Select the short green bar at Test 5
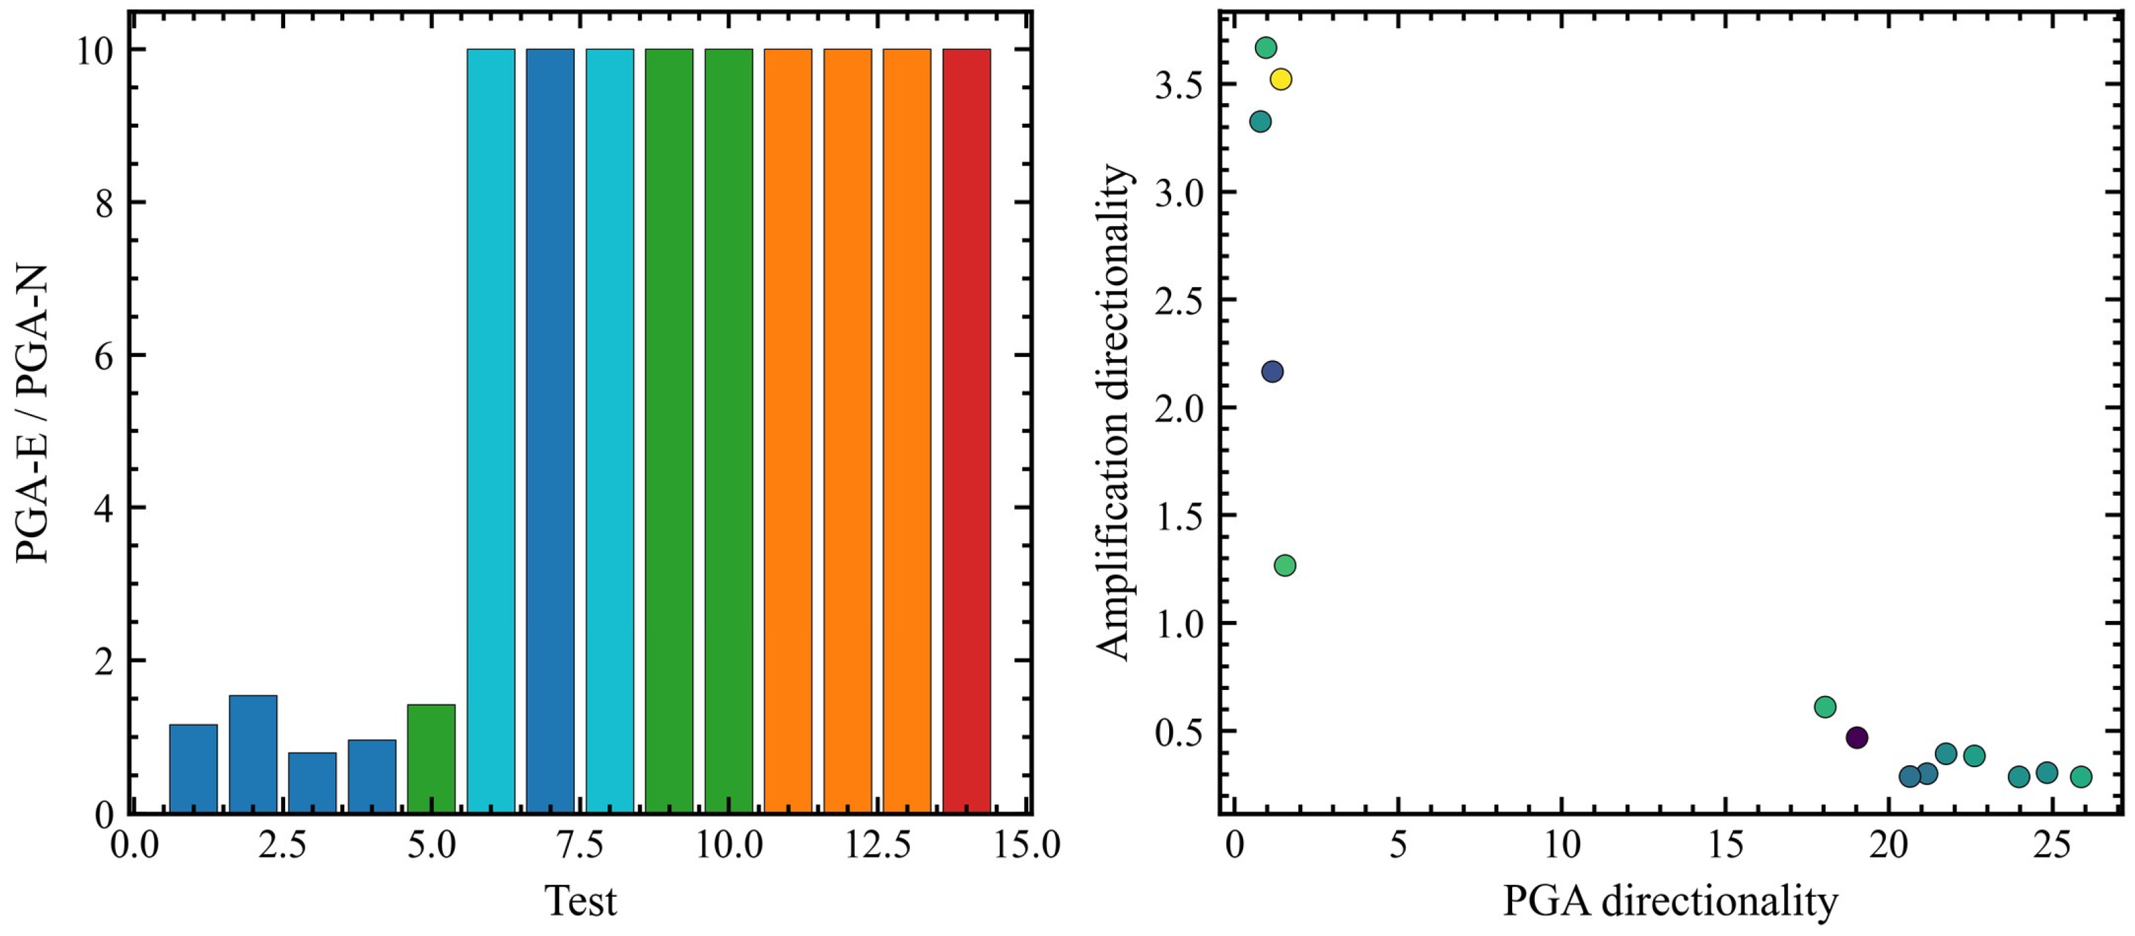coord(431,759)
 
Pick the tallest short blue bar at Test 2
coord(253,754)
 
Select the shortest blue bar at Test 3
coord(312,782)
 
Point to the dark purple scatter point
coord(1856,737)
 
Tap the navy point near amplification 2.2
coord(1272,372)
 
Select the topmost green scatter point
coord(1266,47)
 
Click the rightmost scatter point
coord(2081,776)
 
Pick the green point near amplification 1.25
coord(1285,566)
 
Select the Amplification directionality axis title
coord(1113,411)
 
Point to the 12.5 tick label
coord(877,845)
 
